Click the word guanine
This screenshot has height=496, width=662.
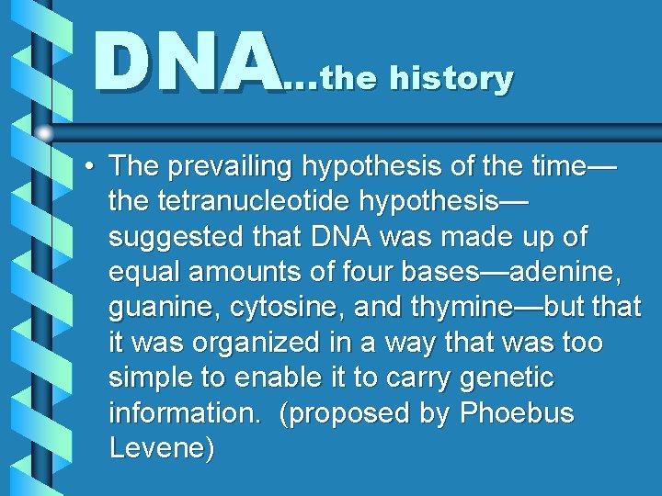click(159, 307)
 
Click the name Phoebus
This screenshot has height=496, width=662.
click(516, 412)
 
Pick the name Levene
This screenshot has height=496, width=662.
click(162, 448)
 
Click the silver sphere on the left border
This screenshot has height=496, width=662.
click(45, 133)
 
